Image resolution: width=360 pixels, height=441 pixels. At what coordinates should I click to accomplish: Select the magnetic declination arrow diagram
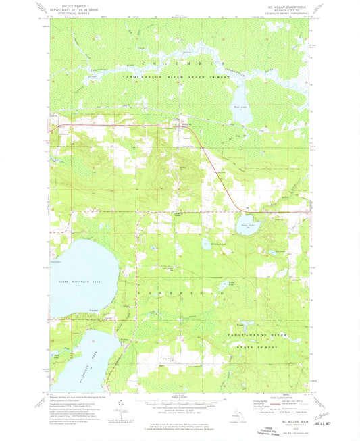(120, 409)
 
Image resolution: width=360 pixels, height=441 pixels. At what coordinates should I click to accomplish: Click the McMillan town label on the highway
(178, 124)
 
